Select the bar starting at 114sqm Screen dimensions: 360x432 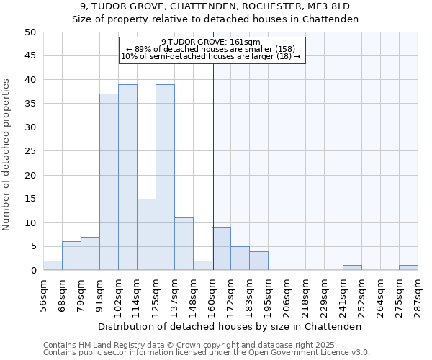(x=146, y=235)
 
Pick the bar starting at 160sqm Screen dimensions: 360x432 (x=221, y=249)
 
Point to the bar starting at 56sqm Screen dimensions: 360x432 (x=53, y=266)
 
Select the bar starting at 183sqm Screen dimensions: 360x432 (x=258, y=261)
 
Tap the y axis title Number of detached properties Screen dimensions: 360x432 (x=7, y=155)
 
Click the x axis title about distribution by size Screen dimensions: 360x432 (x=229, y=326)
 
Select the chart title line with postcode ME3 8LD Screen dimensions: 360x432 (x=215, y=6)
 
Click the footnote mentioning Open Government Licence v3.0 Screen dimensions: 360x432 (x=207, y=352)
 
